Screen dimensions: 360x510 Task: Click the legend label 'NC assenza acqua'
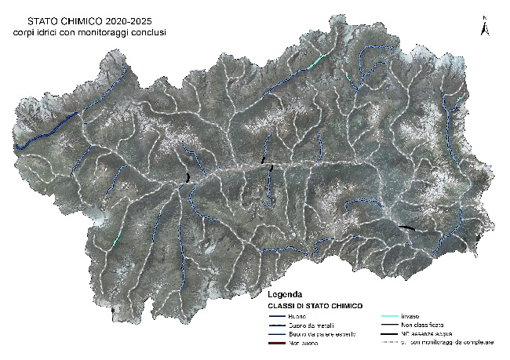click(428, 334)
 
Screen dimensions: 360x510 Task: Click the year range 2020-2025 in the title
click(127, 21)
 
